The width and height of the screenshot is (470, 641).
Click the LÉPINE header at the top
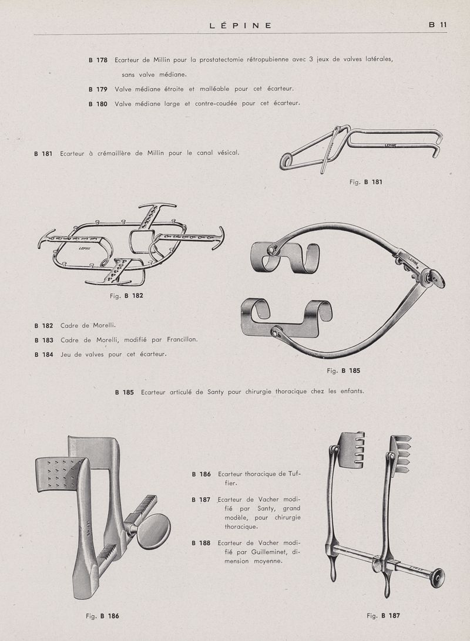[x=240, y=25]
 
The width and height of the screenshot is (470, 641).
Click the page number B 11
[x=438, y=25]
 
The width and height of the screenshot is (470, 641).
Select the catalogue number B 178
[x=98, y=60]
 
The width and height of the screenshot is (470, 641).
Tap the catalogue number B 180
[x=98, y=103]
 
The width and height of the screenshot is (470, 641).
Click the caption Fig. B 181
[x=365, y=182]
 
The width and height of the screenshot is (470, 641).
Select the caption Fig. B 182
[x=126, y=296]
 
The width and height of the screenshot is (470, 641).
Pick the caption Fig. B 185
[x=343, y=370]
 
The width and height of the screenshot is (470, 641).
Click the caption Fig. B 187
[x=383, y=616]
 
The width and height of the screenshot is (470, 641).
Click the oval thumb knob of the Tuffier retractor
[x=153, y=531]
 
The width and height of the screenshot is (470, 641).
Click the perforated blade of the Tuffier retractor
[x=59, y=473]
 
